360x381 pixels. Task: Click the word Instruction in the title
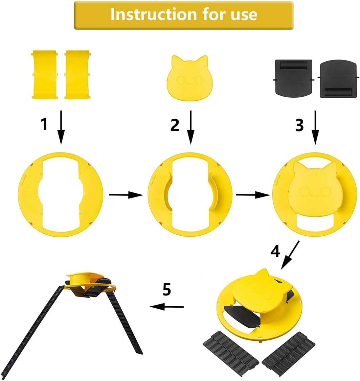[x=154, y=14]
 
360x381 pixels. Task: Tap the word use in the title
[x=244, y=15]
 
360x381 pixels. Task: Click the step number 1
[x=44, y=124]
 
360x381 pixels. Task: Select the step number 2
[x=175, y=125]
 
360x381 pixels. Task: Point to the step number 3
[x=299, y=125]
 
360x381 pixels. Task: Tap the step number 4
[x=275, y=251]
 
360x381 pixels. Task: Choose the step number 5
[x=167, y=289]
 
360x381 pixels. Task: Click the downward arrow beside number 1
[x=61, y=127]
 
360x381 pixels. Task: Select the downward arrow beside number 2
[x=191, y=127]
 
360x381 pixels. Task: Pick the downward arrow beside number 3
[x=315, y=127]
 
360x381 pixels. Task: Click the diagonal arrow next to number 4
[x=290, y=255]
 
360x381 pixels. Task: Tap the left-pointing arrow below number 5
[x=167, y=307]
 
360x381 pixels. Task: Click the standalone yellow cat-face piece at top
[x=190, y=78]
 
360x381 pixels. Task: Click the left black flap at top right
[x=293, y=78]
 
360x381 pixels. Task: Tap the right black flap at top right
[x=338, y=79]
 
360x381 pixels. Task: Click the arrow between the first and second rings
[x=126, y=195]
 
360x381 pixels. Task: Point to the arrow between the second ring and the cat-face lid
[x=253, y=195]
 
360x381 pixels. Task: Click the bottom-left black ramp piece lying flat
[x=230, y=355]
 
